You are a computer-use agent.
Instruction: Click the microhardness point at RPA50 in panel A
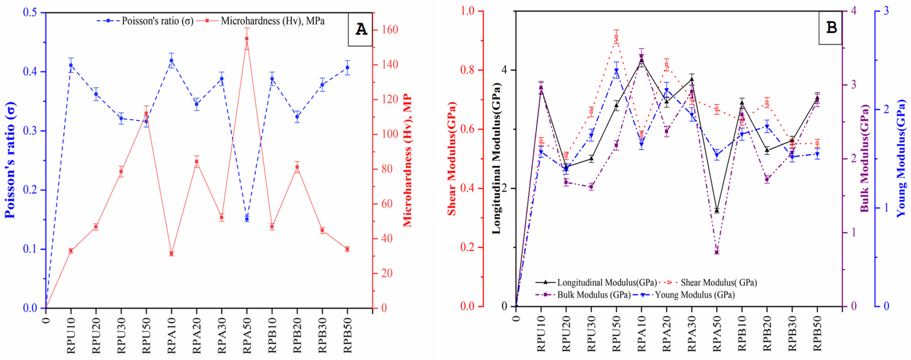pos(247,39)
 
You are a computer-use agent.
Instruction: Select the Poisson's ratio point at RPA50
pos(247,219)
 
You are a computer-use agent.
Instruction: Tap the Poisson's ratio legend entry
pos(145,21)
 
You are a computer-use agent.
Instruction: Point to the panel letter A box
pos(360,29)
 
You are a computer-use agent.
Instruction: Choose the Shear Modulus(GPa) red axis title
pos(451,158)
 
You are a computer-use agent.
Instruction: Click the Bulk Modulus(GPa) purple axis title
pos(864,158)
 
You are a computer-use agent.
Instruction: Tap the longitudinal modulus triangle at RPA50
pos(717,210)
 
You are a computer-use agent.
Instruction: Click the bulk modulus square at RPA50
pos(717,252)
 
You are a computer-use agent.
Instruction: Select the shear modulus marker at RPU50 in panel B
pos(616,37)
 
